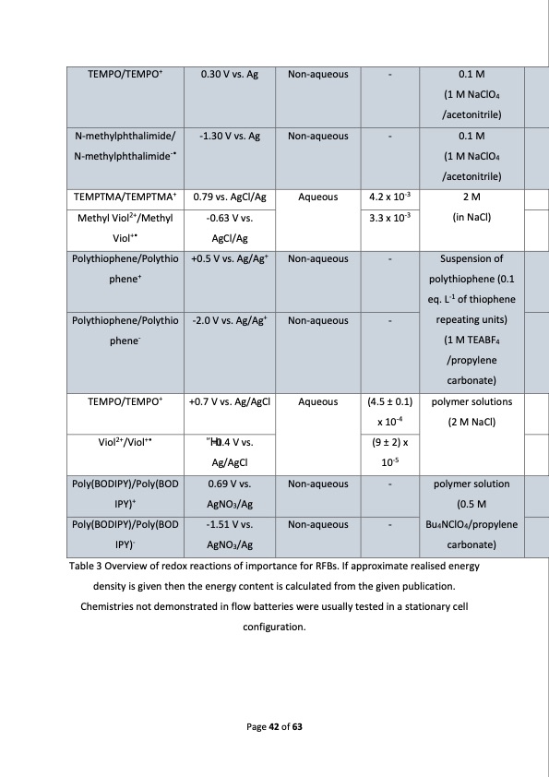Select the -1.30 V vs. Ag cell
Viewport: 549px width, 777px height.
click(x=228, y=137)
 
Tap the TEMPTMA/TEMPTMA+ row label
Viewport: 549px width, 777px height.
click(x=124, y=197)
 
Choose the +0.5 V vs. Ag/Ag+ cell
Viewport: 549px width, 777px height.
click(x=228, y=259)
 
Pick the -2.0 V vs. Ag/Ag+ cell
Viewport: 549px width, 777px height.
click(x=228, y=322)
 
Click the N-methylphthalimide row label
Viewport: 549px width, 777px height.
click(x=124, y=146)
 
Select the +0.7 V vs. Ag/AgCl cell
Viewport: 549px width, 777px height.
click(x=228, y=402)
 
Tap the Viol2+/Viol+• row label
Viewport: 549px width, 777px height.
click(x=124, y=441)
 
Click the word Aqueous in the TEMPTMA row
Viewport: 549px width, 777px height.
click(x=317, y=197)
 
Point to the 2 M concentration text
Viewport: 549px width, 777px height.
click(x=471, y=197)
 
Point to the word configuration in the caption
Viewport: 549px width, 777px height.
click(x=273, y=628)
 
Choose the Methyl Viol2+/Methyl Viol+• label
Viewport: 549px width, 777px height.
click(x=124, y=227)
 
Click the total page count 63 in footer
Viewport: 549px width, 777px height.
click(x=297, y=727)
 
